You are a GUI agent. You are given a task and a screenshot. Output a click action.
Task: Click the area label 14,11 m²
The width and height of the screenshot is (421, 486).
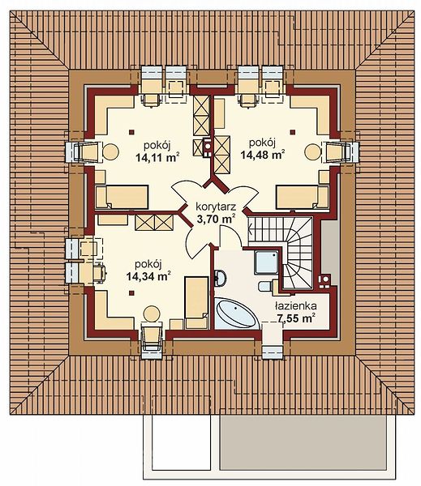pos(157,157)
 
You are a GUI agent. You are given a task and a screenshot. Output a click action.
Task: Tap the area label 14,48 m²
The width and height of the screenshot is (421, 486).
pos(263,155)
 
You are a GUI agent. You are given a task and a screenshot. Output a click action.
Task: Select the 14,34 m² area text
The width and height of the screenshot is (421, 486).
pos(148,276)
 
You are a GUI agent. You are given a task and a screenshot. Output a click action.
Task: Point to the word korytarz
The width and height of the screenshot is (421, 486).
pos(216,207)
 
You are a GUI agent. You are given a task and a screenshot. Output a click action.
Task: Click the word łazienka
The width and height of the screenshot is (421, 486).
pos(295,306)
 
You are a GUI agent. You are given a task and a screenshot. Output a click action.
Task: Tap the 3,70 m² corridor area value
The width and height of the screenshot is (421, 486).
pos(216,220)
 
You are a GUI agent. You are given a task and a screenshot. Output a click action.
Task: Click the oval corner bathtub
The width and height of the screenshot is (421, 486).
pos(237,313)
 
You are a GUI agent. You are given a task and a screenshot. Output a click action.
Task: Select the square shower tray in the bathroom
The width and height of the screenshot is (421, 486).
pos(266,262)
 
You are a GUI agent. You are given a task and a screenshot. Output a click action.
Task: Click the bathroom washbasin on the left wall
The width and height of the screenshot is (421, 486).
pos(221,277)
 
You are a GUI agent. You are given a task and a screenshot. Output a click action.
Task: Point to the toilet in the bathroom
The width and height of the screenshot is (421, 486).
pos(266,285)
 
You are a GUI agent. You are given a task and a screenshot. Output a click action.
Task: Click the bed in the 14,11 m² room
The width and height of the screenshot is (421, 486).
pos(122,197)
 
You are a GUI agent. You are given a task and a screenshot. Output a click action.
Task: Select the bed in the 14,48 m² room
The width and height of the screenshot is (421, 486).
pos(302,197)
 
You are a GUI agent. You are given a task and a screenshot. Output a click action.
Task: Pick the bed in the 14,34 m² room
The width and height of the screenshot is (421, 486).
pos(196,303)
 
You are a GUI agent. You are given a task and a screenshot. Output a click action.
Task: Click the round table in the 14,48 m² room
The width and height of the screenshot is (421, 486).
pos(312,152)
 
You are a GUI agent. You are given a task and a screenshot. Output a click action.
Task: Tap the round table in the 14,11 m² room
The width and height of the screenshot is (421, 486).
pos(110,152)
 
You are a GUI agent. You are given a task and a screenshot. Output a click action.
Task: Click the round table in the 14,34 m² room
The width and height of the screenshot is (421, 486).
pos(153,313)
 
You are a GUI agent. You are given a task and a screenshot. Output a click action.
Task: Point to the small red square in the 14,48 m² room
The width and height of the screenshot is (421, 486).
pos(293,132)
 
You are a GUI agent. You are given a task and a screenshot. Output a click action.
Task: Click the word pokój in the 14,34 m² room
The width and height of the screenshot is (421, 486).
pos(148,264)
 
